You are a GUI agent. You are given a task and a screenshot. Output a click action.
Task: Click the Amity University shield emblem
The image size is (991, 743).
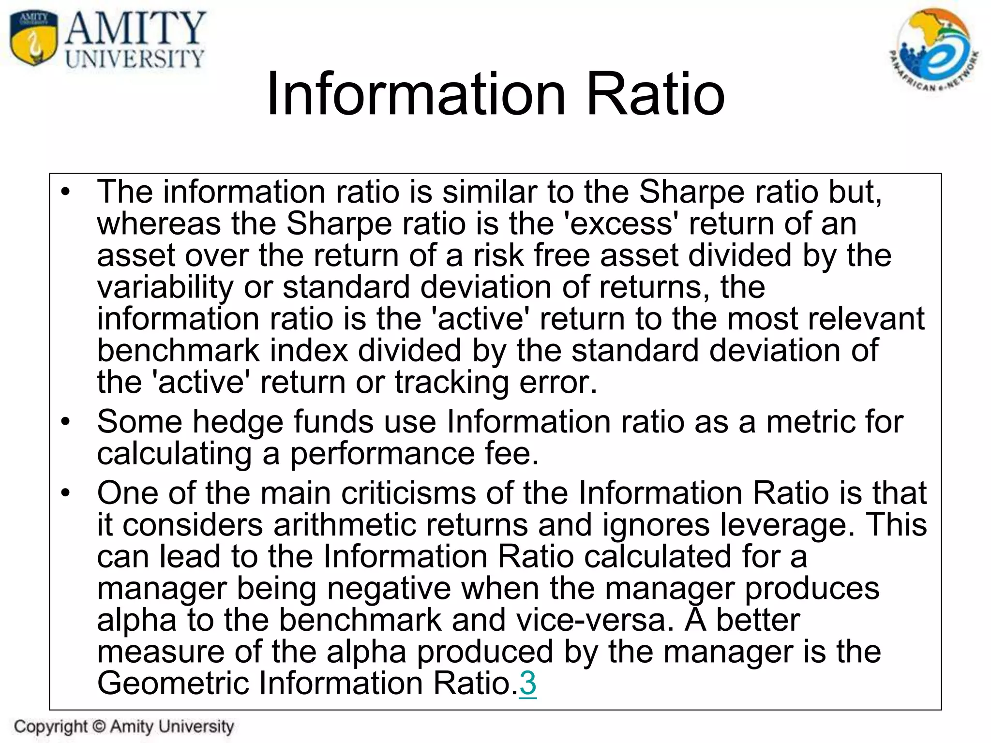point(33,38)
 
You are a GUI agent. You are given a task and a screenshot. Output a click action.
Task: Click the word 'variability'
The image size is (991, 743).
point(165,287)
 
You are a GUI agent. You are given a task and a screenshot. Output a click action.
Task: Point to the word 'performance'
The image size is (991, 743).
point(382,454)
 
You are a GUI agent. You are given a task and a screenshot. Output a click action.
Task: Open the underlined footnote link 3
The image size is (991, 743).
point(527,684)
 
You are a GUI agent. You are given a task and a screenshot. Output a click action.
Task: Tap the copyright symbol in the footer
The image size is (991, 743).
point(99,726)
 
